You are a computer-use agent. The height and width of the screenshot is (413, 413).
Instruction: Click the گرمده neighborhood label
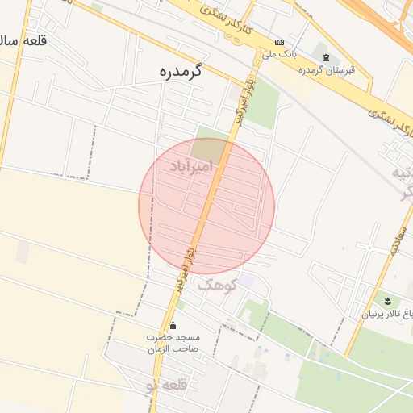(x=180, y=71)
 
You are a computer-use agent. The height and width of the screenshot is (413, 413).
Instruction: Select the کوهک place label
(x=216, y=284)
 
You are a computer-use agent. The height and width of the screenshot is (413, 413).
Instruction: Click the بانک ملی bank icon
(x=279, y=42)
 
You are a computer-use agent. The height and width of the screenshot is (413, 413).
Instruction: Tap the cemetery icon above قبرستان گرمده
(x=326, y=57)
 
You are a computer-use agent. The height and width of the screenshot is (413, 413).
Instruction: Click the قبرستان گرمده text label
(x=327, y=70)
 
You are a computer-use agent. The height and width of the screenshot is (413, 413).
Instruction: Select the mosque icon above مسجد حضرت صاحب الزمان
(x=173, y=324)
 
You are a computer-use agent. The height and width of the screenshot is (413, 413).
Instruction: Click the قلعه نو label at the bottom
(x=165, y=386)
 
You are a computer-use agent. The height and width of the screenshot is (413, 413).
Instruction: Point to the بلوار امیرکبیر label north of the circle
(x=239, y=105)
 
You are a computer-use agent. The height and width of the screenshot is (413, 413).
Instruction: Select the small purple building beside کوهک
(x=245, y=281)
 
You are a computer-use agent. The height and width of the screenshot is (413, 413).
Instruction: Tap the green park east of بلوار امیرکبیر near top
(x=262, y=102)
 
